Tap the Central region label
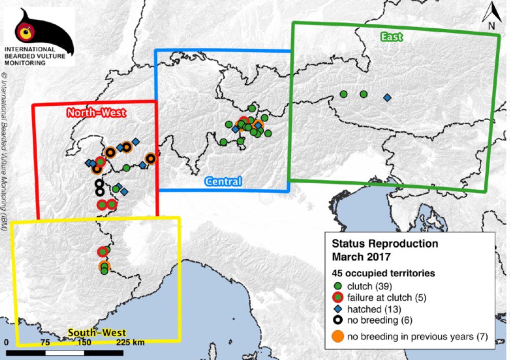coord(223,181)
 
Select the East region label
coord(391,36)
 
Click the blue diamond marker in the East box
coord(386,97)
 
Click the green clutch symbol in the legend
coord(338,286)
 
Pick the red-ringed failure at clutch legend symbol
coord(338,297)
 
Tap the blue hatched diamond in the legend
coord(338,309)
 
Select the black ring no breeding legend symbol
coord(338,320)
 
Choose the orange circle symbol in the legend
coord(338,336)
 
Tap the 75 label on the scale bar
coord(46,342)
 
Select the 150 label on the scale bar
coord(85,342)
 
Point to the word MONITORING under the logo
coord(25,63)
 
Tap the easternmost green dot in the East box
coord(363,94)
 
